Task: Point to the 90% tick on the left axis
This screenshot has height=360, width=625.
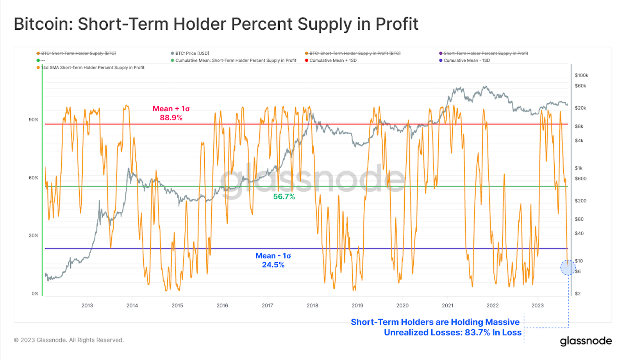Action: (34, 120)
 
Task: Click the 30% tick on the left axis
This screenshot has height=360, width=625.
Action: (34, 235)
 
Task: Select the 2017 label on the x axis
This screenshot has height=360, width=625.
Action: (267, 306)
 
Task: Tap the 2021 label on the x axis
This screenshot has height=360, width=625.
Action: (447, 306)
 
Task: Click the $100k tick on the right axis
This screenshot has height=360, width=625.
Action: (581, 75)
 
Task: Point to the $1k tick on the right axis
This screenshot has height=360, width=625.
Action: (579, 168)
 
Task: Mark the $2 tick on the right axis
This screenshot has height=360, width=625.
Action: (577, 294)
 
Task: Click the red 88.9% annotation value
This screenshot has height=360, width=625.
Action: (171, 118)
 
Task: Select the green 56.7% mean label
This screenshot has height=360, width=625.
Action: (284, 197)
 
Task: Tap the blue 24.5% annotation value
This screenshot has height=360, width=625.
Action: (273, 265)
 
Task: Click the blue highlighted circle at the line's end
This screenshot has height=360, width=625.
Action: (568, 268)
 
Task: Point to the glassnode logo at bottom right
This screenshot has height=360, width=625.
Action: (586, 341)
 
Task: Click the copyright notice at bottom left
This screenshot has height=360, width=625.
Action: (69, 340)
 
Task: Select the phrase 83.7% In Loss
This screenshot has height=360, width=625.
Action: (492, 333)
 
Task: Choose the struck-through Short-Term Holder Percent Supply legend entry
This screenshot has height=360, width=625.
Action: (486, 53)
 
